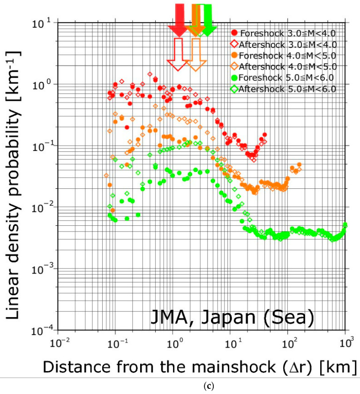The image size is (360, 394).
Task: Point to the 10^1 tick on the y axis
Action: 42,23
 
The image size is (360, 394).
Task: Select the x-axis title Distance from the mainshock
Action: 199,366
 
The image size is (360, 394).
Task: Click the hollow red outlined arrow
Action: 179,54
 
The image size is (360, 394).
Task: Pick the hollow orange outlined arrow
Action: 196,54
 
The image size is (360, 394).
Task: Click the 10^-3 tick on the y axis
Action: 42,269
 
